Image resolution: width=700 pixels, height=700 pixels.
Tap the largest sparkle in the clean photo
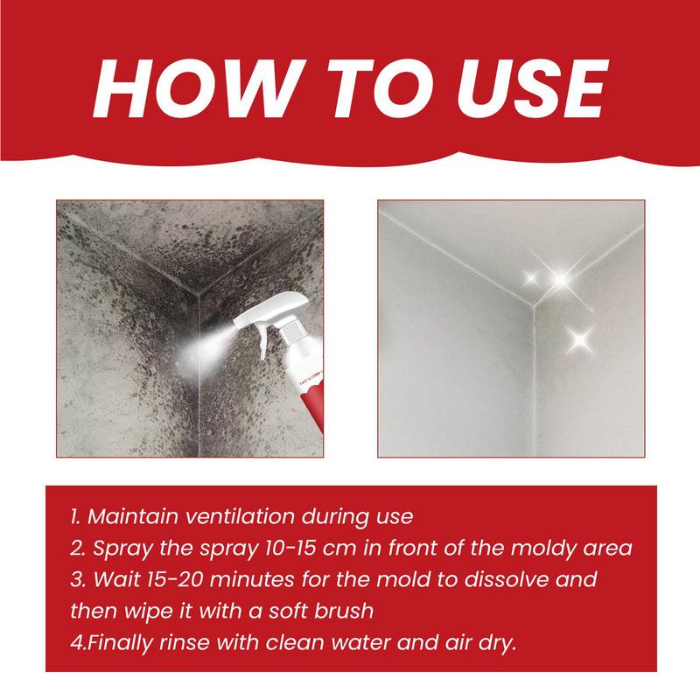pos(558,278)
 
